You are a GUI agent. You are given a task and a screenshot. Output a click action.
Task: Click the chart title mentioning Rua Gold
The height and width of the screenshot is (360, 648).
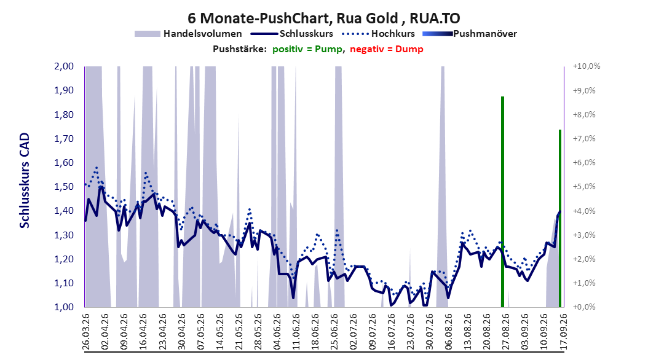tap(323, 18)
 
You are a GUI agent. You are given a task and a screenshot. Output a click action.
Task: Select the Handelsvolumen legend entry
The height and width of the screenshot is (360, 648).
tap(188, 34)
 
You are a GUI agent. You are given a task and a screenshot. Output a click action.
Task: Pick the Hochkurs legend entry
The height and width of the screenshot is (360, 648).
tap(378, 34)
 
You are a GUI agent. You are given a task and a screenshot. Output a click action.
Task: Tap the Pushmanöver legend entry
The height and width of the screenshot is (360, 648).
tap(470, 34)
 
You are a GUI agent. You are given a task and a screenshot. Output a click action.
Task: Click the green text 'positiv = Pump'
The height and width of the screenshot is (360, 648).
tap(307, 49)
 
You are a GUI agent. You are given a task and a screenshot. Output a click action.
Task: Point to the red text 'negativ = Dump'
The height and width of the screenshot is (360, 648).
tap(387, 49)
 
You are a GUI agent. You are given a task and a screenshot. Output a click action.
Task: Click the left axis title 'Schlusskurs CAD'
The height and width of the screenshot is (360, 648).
tap(25, 181)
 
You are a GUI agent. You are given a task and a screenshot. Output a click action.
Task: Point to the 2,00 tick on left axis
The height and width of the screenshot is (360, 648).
tap(64, 66)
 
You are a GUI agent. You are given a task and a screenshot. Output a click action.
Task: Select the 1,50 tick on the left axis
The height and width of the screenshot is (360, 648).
tap(64, 187)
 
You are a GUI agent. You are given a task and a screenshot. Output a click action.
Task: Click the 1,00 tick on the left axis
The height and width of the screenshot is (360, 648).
tap(64, 307)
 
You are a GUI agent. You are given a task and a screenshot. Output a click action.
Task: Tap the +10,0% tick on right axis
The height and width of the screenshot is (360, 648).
tap(587, 66)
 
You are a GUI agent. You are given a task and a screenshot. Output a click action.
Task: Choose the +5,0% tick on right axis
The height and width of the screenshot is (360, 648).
tap(584, 187)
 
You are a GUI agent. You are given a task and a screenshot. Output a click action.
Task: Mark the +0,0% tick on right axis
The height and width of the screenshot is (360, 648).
tap(584, 307)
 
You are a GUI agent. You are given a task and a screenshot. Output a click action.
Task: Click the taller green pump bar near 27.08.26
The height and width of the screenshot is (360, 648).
tap(502, 202)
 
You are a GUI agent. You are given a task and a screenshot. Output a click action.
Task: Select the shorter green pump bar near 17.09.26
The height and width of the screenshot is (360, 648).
tap(560, 218)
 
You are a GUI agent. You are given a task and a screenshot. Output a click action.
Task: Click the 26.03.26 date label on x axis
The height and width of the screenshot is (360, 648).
tap(86, 331)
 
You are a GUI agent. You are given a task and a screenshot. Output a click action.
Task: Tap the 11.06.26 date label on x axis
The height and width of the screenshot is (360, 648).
tap(296, 331)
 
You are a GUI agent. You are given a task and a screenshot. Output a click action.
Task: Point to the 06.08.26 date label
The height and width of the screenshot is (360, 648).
tap(449, 331)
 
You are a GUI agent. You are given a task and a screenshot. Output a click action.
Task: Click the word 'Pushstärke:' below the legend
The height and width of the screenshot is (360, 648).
tap(240, 49)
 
